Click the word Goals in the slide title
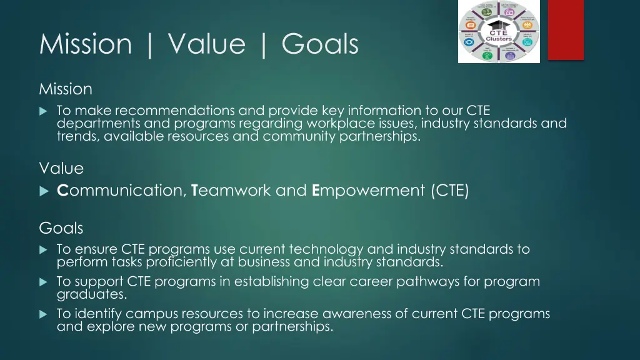tap(319, 44)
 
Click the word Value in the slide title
tap(206, 44)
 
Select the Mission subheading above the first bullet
tap(66, 89)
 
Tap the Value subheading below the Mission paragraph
tap(61, 169)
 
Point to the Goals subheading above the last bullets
tap(61, 228)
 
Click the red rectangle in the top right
tap(566, 30)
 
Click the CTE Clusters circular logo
tap(499, 31)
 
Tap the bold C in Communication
tap(62, 191)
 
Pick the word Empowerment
tap(368, 191)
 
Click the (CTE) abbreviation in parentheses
tap(449, 191)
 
